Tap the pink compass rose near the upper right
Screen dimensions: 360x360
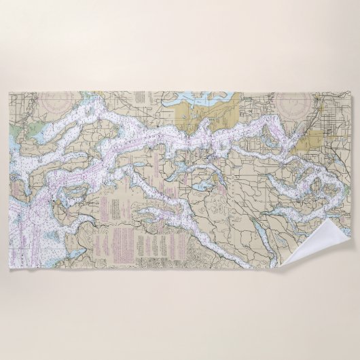(x=294, y=105)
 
